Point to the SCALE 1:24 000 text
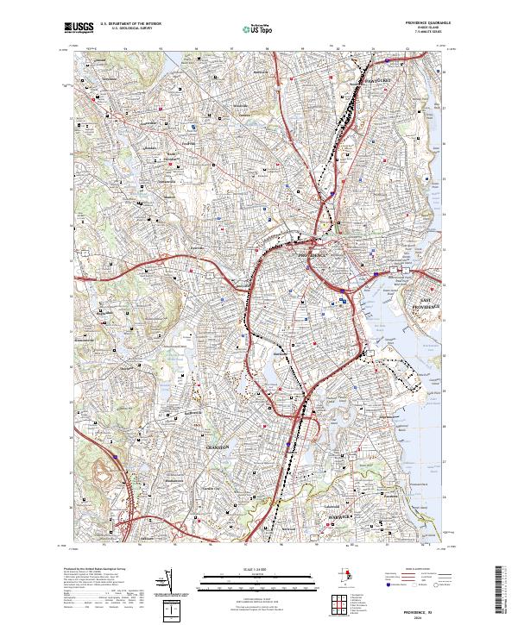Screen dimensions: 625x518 pos(258,571)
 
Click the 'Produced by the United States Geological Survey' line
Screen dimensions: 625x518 pos(86,571)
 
